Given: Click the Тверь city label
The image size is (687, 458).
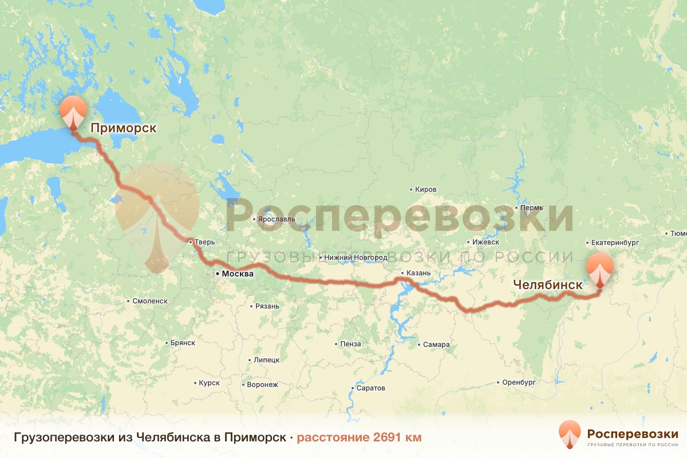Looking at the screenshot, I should pos(204,242).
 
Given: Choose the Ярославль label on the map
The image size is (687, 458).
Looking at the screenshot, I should pos(276,219).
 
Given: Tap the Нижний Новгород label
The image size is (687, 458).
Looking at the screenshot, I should pos(356,258).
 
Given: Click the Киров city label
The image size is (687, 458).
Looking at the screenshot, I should pos(427,189).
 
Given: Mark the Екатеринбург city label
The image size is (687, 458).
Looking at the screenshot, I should pos(615,243).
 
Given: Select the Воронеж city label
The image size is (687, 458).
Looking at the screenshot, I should pos(262,385).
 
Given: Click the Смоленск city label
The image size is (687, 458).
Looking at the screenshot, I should pos(149,301).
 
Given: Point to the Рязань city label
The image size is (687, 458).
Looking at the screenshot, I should pos(267,306).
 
